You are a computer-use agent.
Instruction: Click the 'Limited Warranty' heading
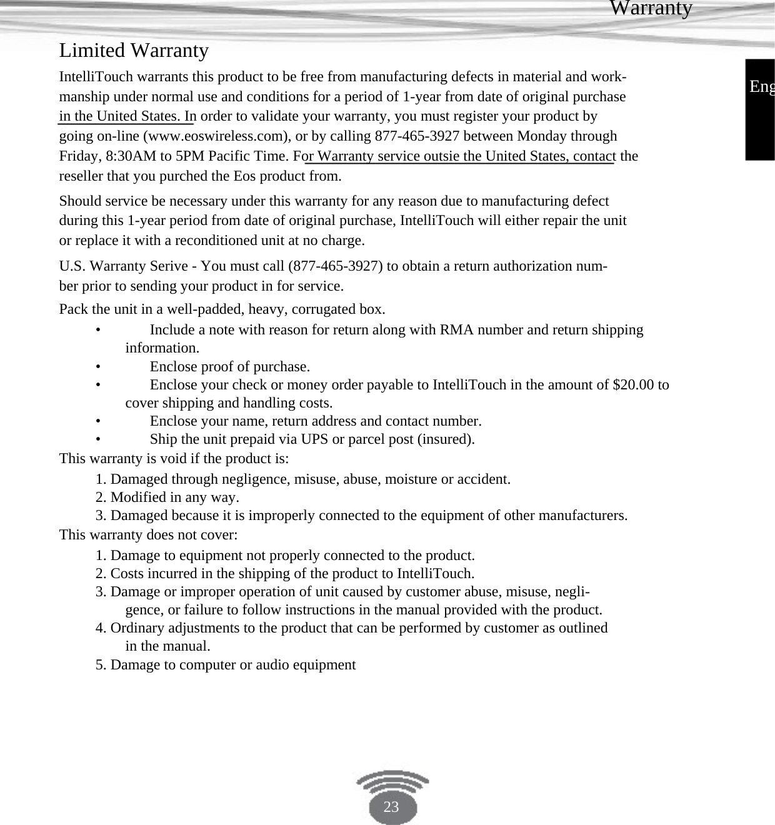134,50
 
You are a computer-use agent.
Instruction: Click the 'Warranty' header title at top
651,8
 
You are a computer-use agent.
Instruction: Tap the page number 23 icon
391,806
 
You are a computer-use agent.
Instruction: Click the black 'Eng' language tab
761,87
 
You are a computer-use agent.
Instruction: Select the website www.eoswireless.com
216,136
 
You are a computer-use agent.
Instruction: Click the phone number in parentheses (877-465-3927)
335,266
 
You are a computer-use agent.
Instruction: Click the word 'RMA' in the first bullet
454,330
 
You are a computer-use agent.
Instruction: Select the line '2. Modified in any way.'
167,497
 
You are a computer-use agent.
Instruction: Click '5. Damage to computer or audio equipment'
226,664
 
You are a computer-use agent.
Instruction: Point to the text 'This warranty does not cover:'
148,535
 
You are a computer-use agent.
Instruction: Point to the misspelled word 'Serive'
170,266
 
